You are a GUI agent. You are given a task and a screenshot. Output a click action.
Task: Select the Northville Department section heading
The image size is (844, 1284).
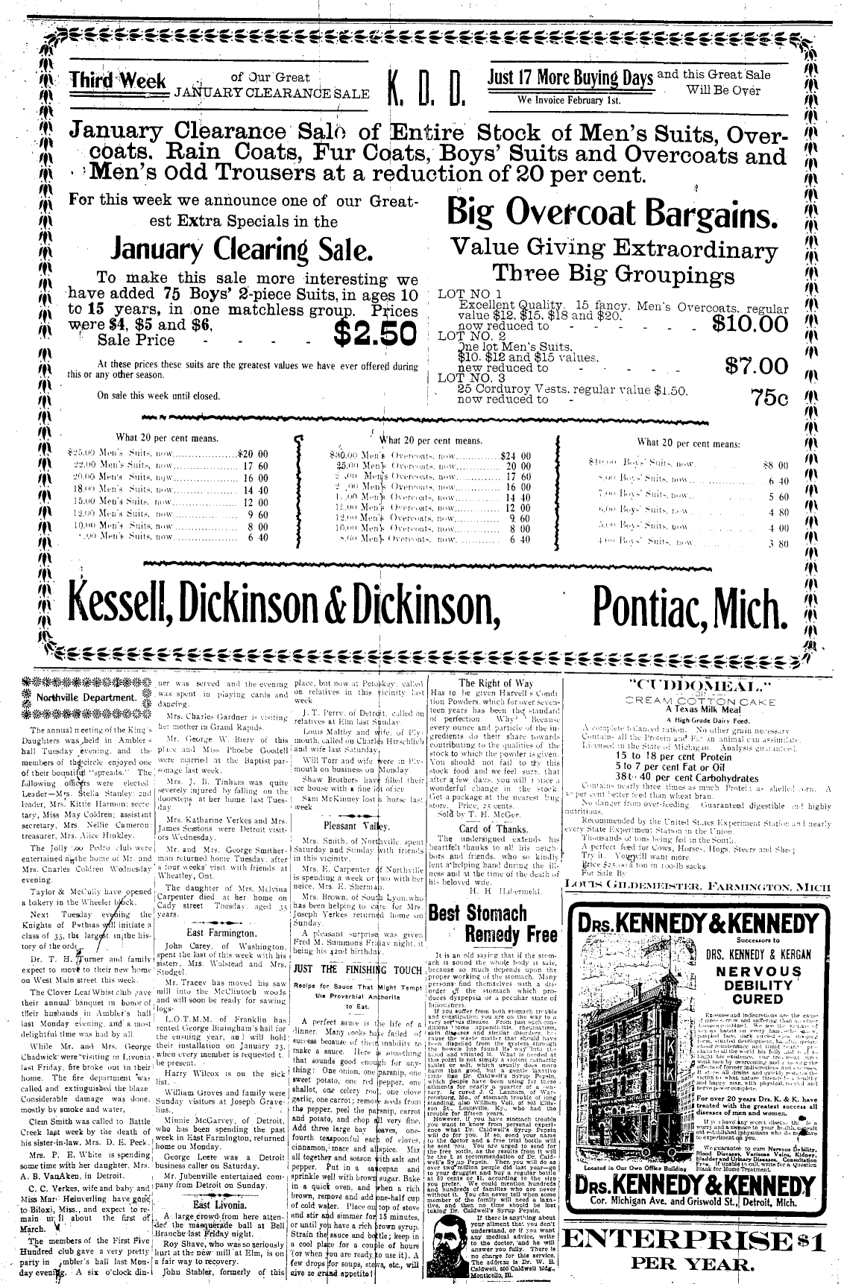point(88,698)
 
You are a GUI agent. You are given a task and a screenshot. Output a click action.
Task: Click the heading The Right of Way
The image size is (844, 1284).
point(496,683)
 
